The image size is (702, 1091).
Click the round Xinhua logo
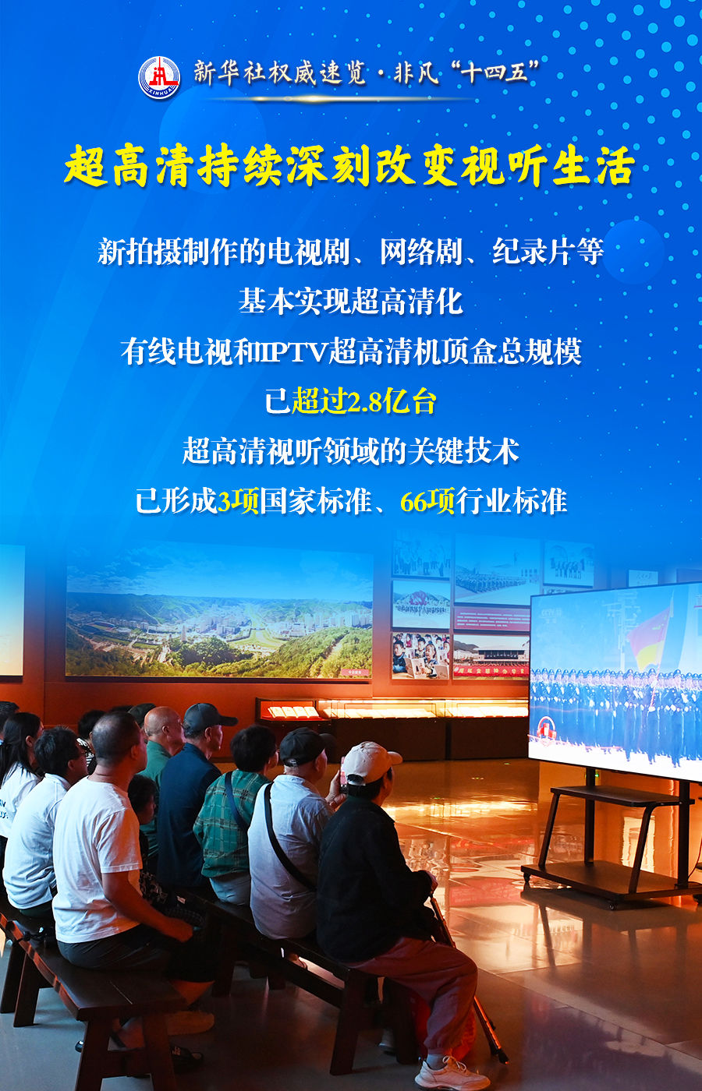159,77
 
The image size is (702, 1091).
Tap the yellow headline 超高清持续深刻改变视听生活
350,165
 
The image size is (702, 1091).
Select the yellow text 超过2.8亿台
363,401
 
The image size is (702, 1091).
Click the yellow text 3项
238,501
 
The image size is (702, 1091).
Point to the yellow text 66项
427,501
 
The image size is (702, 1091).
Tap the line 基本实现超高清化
350,301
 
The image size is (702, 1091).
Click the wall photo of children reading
420,655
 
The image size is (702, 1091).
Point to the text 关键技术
463,451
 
